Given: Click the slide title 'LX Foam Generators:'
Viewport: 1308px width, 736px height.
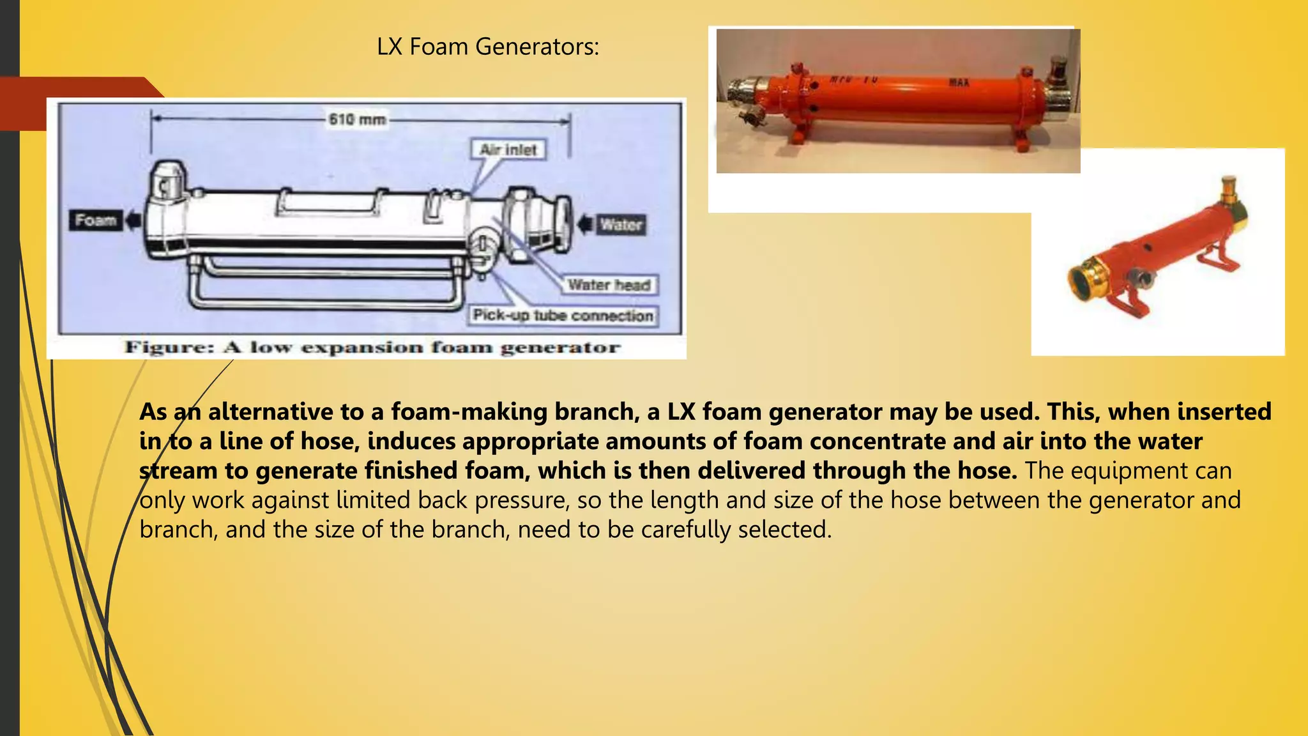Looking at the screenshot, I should (488, 47).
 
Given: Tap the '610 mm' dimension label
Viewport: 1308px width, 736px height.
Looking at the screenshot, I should (357, 119).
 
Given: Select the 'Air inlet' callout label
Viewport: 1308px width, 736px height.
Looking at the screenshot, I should (508, 149).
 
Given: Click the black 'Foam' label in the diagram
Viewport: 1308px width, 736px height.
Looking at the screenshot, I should (96, 220).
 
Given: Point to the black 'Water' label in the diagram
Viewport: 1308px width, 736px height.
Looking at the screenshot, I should (621, 224).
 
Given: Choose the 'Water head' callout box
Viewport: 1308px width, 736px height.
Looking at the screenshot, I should (609, 285).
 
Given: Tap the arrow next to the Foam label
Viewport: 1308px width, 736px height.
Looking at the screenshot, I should (133, 221).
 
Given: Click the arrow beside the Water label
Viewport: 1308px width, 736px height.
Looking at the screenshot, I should (585, 224).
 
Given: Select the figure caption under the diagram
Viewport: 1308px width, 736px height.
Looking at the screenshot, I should (372, 348).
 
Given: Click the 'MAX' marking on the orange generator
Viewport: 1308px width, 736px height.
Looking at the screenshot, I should (959, 82).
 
